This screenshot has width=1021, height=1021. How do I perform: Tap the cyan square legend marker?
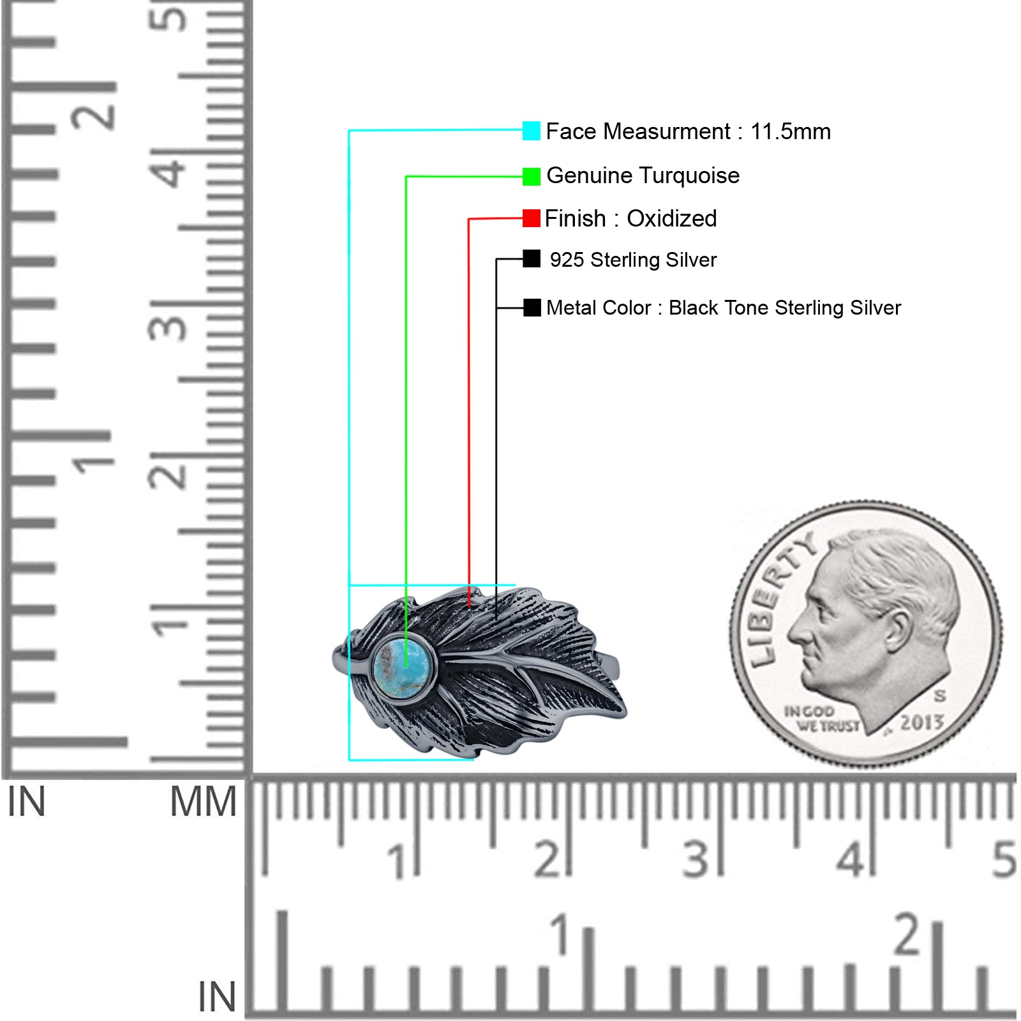pos(531,131)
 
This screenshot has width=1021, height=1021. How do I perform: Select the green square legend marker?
pos(531,177)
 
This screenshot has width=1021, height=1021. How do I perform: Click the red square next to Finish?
pos(531,218)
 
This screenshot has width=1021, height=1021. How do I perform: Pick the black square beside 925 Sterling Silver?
pos(531,258)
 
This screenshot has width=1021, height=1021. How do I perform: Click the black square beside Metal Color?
pos(532,308)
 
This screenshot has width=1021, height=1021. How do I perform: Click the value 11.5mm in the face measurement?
pos(791,132)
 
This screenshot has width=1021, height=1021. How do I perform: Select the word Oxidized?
pos(672,219)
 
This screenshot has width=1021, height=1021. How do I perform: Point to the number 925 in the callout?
pos(567,260)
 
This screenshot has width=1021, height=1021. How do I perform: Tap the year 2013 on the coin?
pos(921,723)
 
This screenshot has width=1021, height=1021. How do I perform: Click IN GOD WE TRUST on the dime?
pos(821,719)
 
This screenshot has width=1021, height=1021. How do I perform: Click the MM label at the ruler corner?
pos(203,802)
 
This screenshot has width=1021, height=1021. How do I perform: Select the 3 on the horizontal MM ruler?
pos(696,860)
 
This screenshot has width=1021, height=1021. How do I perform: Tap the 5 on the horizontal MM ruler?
pos(1004,860)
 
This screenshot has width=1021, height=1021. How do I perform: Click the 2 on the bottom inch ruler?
pos(907,934)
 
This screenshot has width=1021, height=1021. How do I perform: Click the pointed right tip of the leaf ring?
pos(627,714)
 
